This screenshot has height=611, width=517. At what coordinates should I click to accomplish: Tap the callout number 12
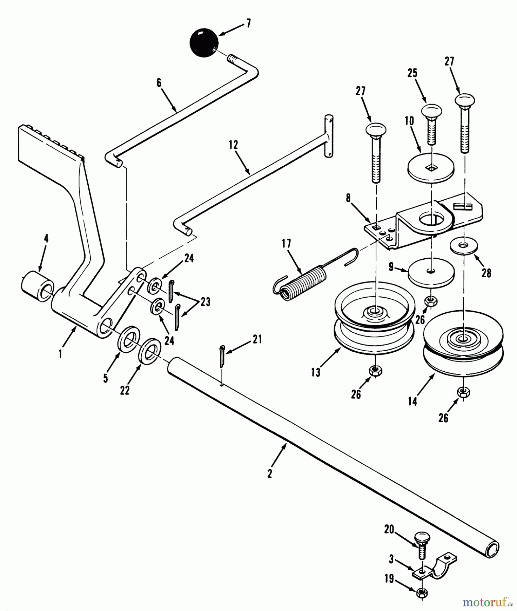coord(233,145)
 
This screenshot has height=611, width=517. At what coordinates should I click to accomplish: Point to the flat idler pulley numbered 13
coord(374,321)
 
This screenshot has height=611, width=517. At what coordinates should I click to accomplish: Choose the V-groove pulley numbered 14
coord(463,343)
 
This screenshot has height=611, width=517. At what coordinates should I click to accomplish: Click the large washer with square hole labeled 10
coord(431,168)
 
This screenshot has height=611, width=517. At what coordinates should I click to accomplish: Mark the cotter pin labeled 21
coord(222,356)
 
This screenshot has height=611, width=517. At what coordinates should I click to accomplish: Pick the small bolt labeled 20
coord(422,546)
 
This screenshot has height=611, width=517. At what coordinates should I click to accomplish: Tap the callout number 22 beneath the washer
coord(125,390)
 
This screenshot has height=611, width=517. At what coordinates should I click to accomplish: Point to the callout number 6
coord(159,82)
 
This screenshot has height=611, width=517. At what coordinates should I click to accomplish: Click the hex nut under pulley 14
coord(463,392)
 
